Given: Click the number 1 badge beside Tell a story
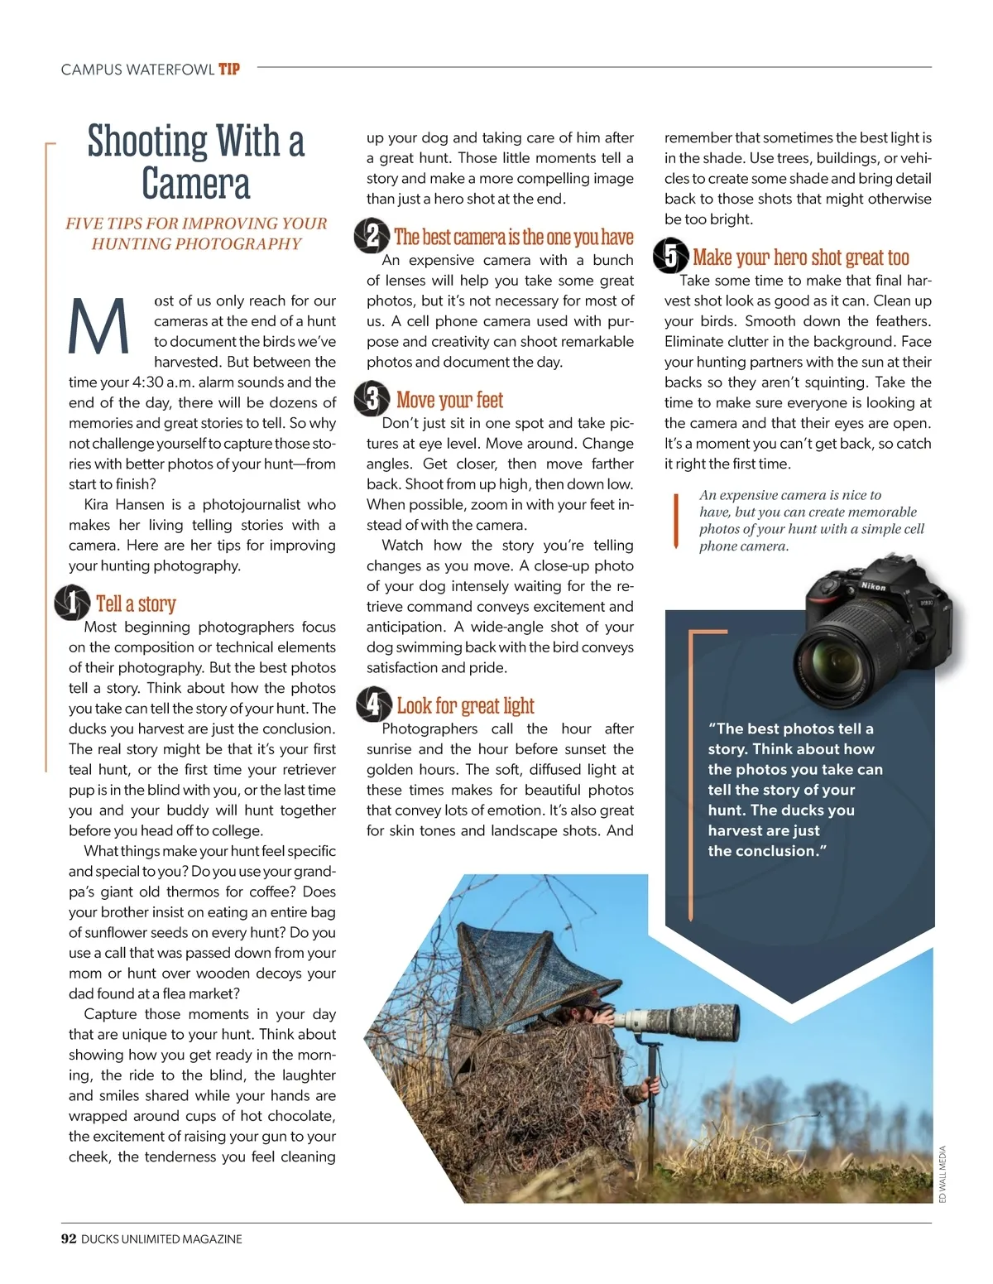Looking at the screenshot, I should coord(72,603).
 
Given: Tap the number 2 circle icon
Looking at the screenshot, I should coord(372,236).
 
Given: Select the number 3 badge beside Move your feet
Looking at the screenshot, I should coord(372,399).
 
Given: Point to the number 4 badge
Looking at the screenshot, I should coord(373,705).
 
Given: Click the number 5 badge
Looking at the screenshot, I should coord(670,256).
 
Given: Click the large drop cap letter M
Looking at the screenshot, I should coord(99,325).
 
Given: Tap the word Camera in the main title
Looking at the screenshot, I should coord(195,184).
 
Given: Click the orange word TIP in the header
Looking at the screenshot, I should coord(229,70).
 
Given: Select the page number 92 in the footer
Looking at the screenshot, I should coord(69,1238).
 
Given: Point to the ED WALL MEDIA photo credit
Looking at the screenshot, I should coord(943,1174).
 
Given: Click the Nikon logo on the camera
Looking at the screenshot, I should coord(873,586).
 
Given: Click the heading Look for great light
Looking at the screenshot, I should coord(465,705).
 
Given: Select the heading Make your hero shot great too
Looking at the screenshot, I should coord(800,257).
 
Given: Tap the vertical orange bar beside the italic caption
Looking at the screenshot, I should coord(676,521).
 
